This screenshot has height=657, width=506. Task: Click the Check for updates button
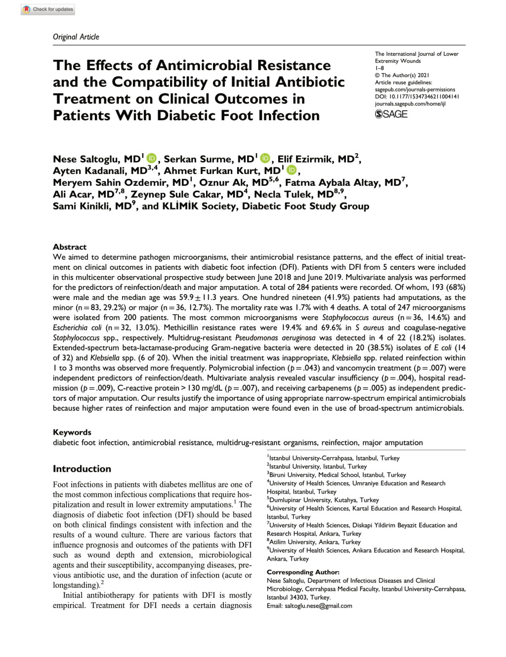[x=48, y=9]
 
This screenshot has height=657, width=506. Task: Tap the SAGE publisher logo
[x=391, y=114]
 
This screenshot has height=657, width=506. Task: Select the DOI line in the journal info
[x=417, y=97]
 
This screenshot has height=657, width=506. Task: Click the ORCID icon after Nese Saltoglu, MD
[x=151, y=159]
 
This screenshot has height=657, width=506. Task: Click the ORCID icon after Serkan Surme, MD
[x=265, y=159]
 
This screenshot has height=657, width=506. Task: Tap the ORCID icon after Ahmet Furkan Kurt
[x=292, y=170]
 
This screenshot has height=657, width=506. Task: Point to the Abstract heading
[x=70, y=247]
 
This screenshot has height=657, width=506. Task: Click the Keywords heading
[x=72, y=432]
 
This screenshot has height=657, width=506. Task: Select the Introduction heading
[x=82, y=469]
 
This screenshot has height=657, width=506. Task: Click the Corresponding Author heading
[x=303, y=572]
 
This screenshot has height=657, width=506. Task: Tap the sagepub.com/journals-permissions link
[x=415, y=90]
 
